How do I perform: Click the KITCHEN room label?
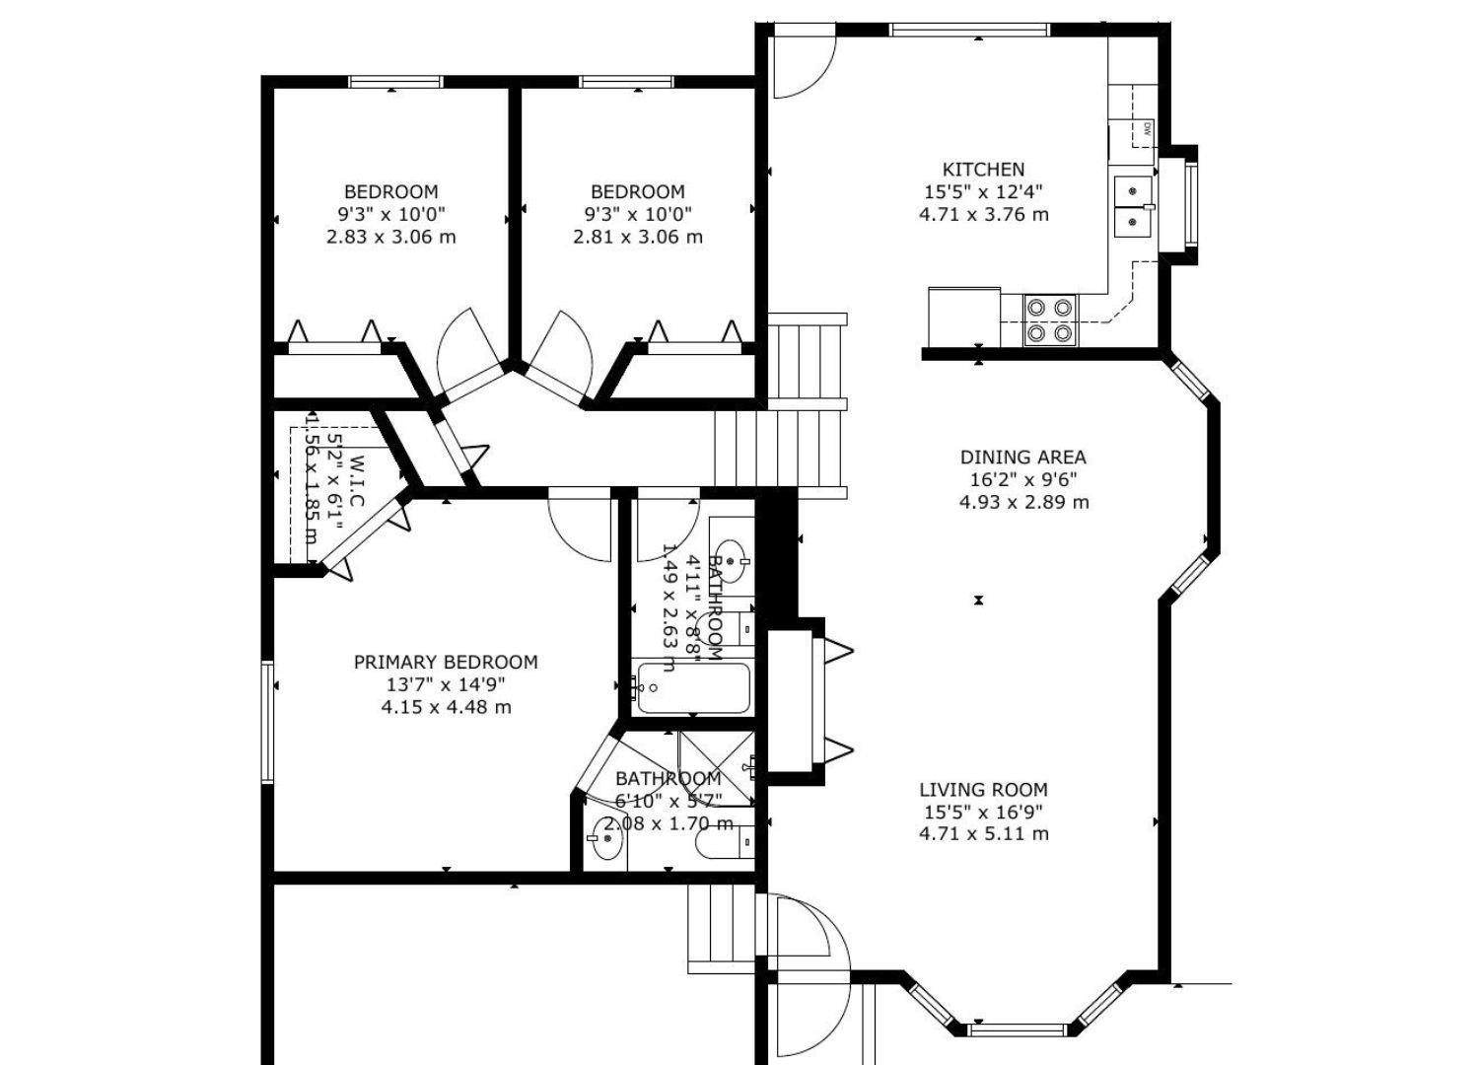pyautogui.click(x=983, y=170)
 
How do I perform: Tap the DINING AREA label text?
pyautogui.click(x=1022, y=458)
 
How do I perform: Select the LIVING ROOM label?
pyautogui.click(x=983, y=790)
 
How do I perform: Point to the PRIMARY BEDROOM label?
pyautogui.click(x=446, y=663)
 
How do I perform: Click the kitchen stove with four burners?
pyautogui.click(x=1049, y=319)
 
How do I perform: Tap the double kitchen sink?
pyautogui.click(x=1133, y=206)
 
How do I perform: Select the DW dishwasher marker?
pyautogui.click(x=1147, y=128)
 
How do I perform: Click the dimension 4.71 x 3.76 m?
pyautogui.click(x=983, y=215)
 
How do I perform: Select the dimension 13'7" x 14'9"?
pyautogui.click(x=446, y=685)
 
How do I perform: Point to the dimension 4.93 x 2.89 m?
pyautogui.click(x=1022, y=503)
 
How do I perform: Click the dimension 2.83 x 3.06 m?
pyautogui.click(x=390, y=238)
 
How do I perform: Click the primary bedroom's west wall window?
pyautogui.click(x=266, y=722)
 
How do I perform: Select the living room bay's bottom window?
pyautogui.click(x=1017, y=1030)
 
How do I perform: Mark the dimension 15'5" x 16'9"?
pyautogui.click(x=983, y=813)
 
